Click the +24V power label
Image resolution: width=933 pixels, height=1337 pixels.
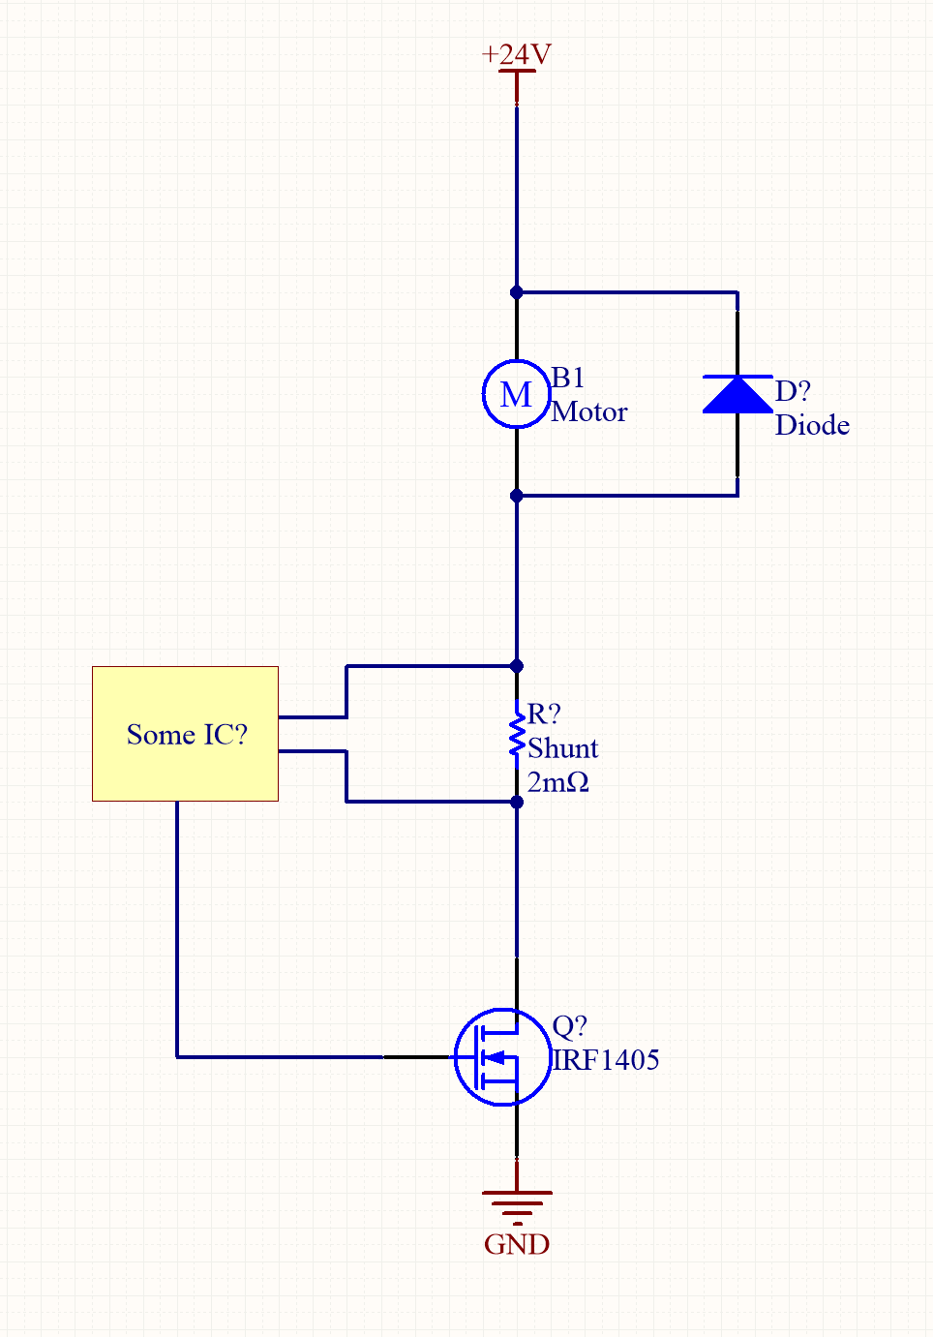(517, 54)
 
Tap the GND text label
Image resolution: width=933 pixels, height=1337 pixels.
(517, 1244)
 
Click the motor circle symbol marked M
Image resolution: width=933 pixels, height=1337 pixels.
(516, 394)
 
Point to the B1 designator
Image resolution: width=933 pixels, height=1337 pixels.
(568, 378)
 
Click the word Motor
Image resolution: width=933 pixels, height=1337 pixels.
(589, 412)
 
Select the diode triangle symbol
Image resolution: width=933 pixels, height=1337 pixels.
(737, 395)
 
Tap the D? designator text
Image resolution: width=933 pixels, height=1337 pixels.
(793, 391)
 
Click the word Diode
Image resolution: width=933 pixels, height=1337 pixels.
(812, 425)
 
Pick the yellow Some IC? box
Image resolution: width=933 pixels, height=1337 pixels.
(185, 734)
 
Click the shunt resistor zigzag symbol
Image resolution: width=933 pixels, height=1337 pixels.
(517, 734)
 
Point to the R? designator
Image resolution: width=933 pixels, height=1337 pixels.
(543, 714)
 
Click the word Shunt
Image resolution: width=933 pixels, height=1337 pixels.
(562, 748)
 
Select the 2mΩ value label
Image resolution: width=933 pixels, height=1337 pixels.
(557, 782)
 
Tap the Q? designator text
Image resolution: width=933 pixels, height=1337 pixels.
(569, 1026)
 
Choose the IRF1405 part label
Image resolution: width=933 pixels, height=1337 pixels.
(606, 1060)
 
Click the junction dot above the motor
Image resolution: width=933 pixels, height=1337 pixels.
(516, 292)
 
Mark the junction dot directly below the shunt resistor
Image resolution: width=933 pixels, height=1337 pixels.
(517, 802)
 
